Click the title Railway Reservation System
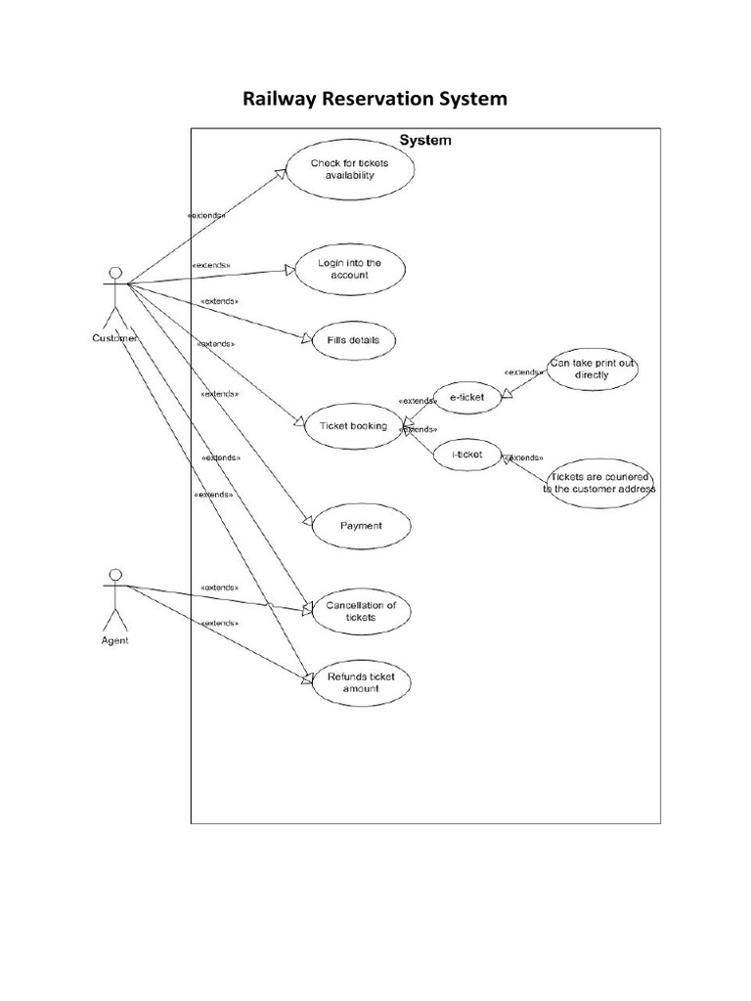tap(375, 99)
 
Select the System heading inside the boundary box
tap(424, 141)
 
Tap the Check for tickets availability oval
tap(335, 169)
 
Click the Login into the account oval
tap(342, 269)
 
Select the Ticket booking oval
tap(353, 426)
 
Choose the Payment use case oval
tap(360, 526)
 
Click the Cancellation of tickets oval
tap(360, 611)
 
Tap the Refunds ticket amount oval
tap(360, 682)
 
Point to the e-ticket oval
tap(467, 396)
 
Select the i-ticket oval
tap(466, 456)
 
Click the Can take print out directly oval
tap(592, 369)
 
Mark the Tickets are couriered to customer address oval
tap(599, 483)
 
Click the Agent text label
tap(114, 641)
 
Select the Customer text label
tap(114, 338)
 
